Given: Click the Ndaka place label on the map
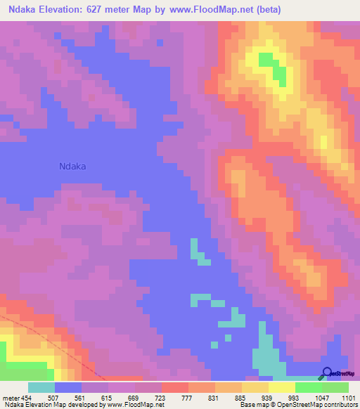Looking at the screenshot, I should coord(77,167).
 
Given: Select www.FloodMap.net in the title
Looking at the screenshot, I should coord(245,9).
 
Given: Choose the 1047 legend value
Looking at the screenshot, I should coord(321,398).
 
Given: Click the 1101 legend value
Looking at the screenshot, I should coord(348,398).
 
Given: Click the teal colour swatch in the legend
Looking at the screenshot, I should coord(41,387).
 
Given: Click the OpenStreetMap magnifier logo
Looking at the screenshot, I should coord(327,373).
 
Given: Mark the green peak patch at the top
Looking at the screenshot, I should coord(273,65).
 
